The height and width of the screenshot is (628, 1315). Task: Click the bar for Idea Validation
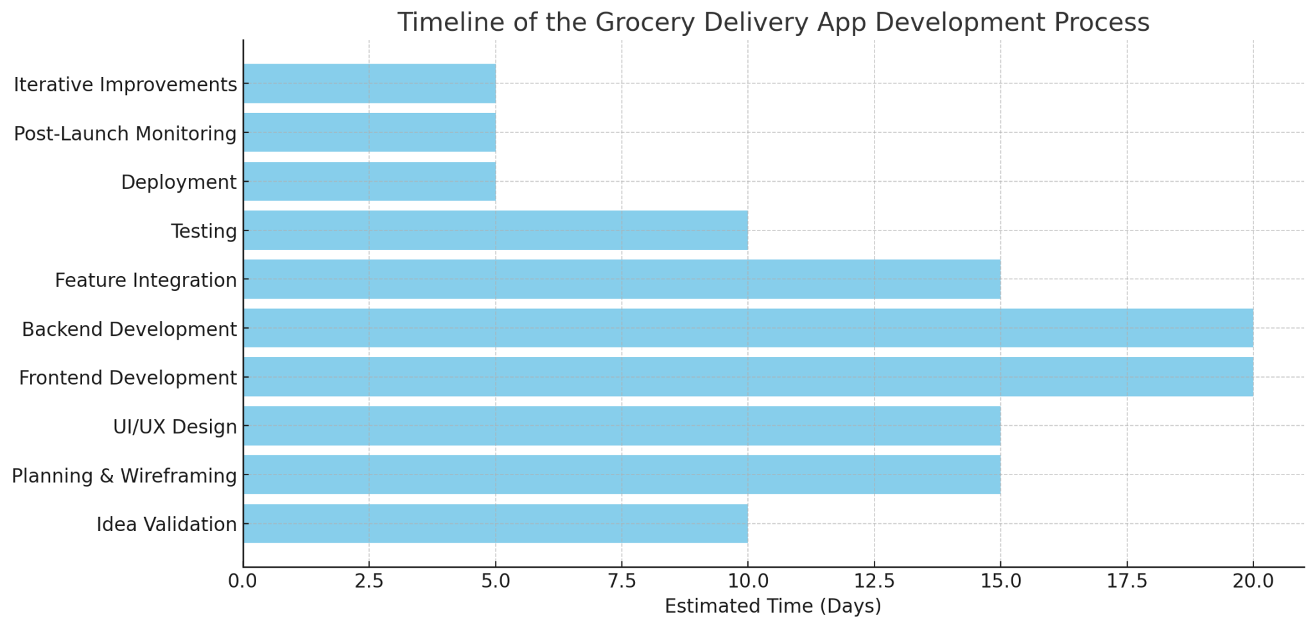point(495,523)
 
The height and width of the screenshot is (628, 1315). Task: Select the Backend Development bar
point(748,328)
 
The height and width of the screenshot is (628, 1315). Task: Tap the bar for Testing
point(495,230)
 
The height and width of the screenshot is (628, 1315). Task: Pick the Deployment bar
point(369,181)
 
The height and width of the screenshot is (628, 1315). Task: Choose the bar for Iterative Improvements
point(369,83)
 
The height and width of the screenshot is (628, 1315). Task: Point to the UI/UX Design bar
point(622,426)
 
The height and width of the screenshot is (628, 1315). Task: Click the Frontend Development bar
point(748,377)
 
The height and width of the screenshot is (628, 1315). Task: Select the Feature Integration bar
point(622,279)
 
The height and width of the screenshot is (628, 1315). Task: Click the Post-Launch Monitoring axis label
point(125,134)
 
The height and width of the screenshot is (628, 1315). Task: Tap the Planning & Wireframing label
point(125,476)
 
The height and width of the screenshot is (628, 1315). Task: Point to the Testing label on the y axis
point(204,231)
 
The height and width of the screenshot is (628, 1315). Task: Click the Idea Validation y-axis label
point(167,525)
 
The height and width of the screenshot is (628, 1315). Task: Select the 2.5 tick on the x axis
point(369,581)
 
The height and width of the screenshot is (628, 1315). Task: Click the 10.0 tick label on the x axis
point(748,581)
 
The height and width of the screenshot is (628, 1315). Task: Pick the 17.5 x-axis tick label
point(1127,581)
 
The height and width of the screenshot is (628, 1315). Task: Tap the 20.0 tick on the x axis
point(1253,581)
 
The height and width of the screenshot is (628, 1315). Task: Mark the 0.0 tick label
point(243,581)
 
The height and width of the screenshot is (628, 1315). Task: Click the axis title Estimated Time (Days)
point(773,606)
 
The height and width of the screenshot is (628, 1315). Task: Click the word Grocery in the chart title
point(645,23)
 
